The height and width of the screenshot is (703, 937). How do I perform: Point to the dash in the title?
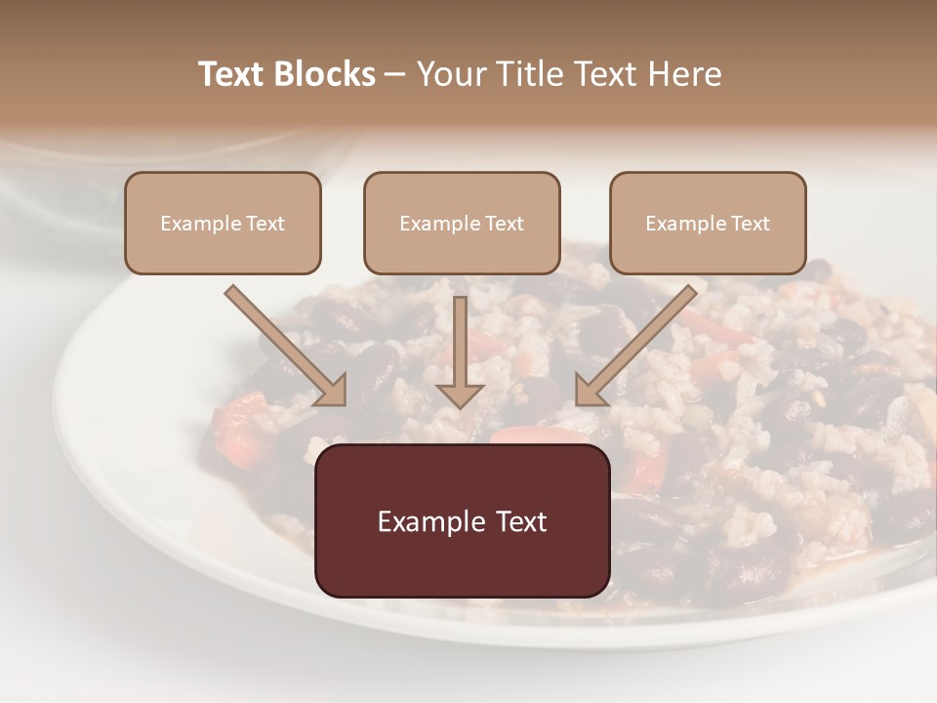click(x=394, y=74)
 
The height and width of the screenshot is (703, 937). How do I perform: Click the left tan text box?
click(x=223, y=223)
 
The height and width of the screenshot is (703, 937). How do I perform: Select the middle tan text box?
click(x=462, y=223)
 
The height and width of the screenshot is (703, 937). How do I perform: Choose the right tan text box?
click(x=708, y=223)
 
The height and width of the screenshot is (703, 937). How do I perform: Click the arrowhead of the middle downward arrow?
click(x=460, y=394)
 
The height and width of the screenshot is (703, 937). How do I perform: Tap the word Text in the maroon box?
click(x=517, y=521)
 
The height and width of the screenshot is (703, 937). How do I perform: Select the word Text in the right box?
click(x=751, y=224)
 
